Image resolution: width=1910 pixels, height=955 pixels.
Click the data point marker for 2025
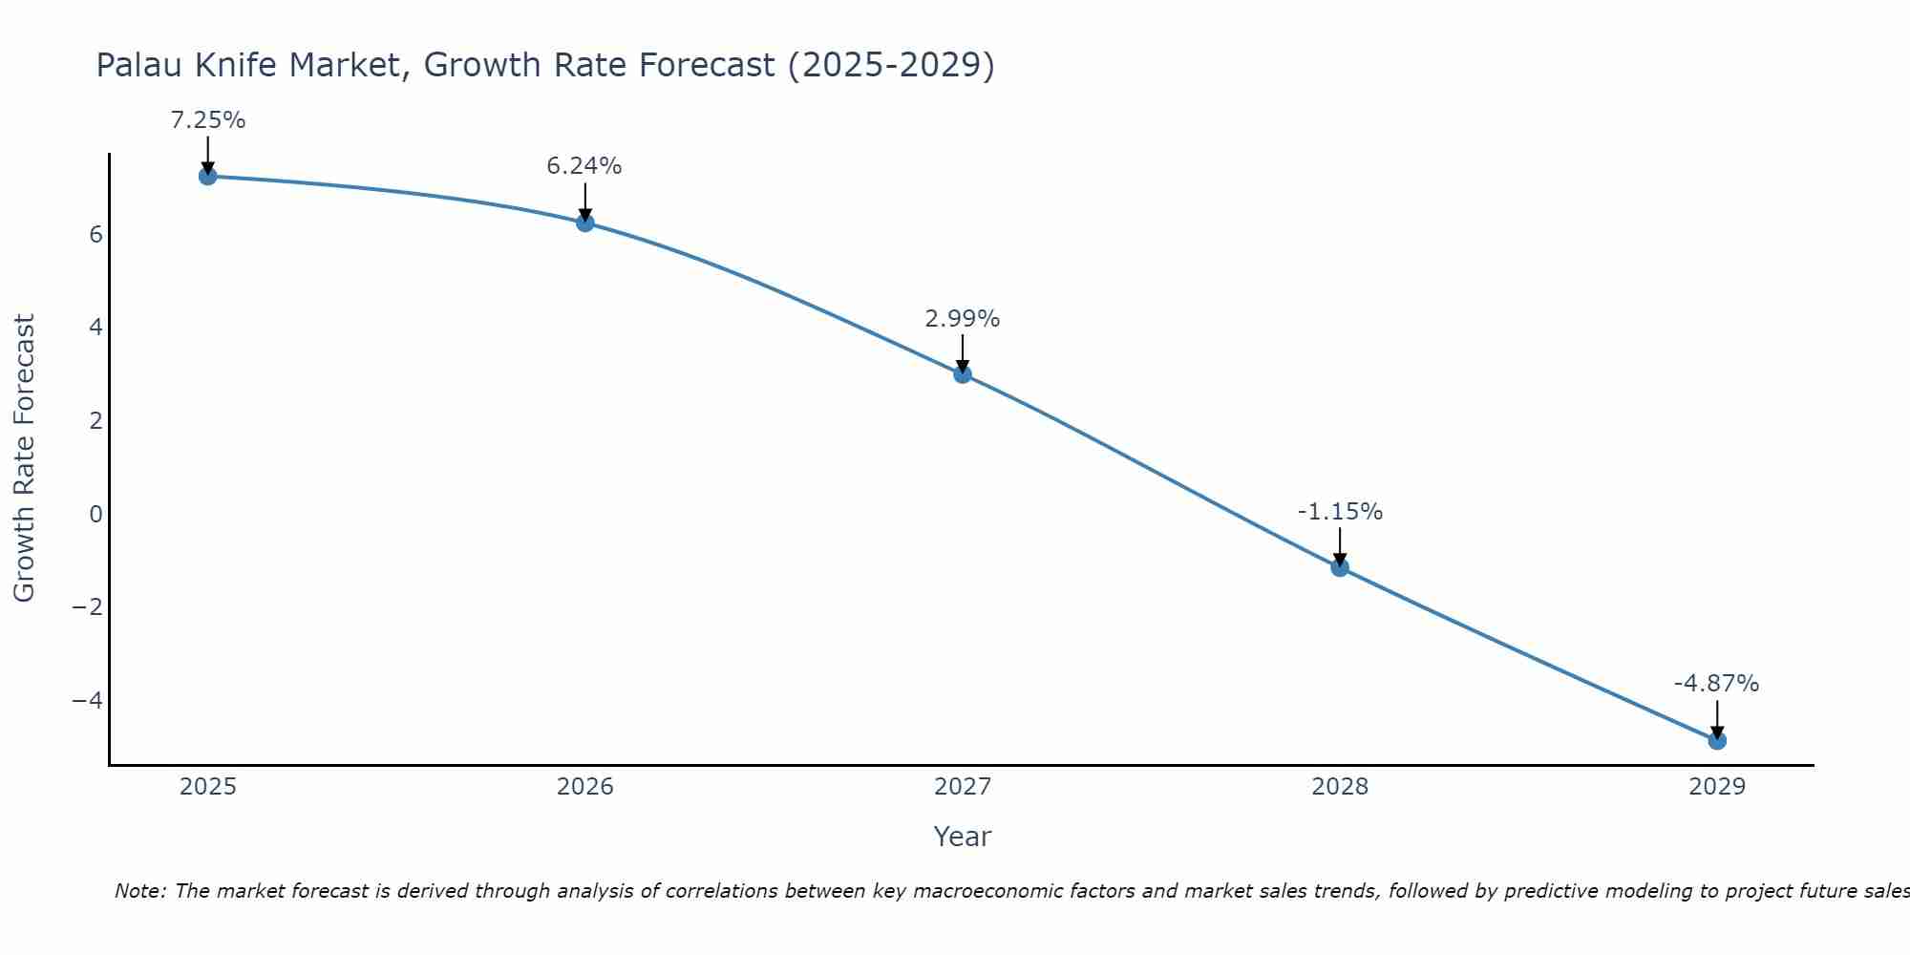(208, 176)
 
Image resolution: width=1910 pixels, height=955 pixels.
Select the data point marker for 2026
(585, 223)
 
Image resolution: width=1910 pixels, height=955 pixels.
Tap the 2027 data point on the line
(963, 374)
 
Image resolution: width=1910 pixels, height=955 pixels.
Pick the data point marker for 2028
(1340, 567)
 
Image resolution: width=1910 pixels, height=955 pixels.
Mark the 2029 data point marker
(1717, 740)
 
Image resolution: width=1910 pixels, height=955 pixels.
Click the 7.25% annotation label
(208, 120)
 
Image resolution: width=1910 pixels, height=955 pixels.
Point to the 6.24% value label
(584, 166)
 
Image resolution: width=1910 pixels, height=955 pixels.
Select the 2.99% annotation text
(963, 319)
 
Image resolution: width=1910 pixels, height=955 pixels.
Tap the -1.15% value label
(1340, 512)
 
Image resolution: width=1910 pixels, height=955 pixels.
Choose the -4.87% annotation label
(1716, 684)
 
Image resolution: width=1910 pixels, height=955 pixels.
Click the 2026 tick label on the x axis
(585, 787)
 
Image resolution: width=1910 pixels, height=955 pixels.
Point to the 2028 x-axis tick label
(1340, 787)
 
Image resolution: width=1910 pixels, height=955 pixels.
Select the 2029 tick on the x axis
(1717, 787)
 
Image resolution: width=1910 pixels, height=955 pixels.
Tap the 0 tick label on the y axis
(95, 514)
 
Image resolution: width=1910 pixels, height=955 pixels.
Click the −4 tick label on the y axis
(88, 700)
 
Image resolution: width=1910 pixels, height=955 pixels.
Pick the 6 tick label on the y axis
(95, 234)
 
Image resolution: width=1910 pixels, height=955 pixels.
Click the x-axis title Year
(963, 837)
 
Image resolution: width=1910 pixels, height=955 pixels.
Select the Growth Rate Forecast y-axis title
(24, 458)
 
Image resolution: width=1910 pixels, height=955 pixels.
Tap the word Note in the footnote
(140, 891)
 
